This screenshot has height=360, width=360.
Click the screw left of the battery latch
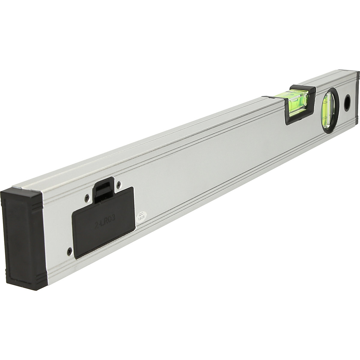[x=87, y=197]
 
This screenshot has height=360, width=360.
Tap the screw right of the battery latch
[x=119, y=184]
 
